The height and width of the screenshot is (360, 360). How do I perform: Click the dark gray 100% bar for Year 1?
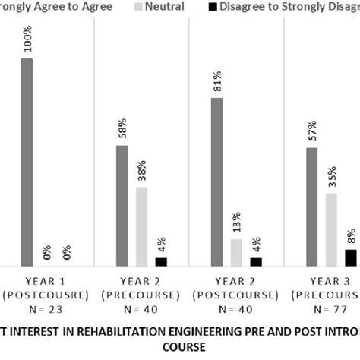point(27,162)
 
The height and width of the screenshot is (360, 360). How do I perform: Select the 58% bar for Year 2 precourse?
point(122,205)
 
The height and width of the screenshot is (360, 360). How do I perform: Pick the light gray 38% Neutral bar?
point(141,226)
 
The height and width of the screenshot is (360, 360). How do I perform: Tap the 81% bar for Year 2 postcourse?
point(216,182)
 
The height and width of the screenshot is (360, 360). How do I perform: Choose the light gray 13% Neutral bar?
point(236,252)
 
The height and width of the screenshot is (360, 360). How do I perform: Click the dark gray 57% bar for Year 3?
point(311,207)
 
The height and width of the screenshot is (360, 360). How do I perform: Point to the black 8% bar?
point(350,257)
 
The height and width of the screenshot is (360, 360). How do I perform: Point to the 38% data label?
point(142,171)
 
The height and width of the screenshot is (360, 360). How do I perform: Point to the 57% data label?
point(312,131)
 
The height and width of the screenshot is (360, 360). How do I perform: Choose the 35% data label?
point(332,177)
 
